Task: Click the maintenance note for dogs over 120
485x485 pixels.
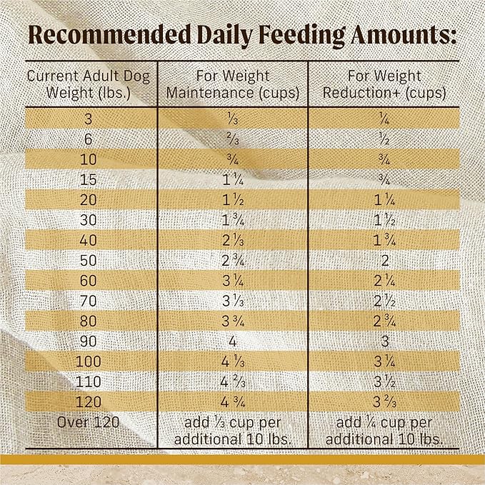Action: coord(233,431)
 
